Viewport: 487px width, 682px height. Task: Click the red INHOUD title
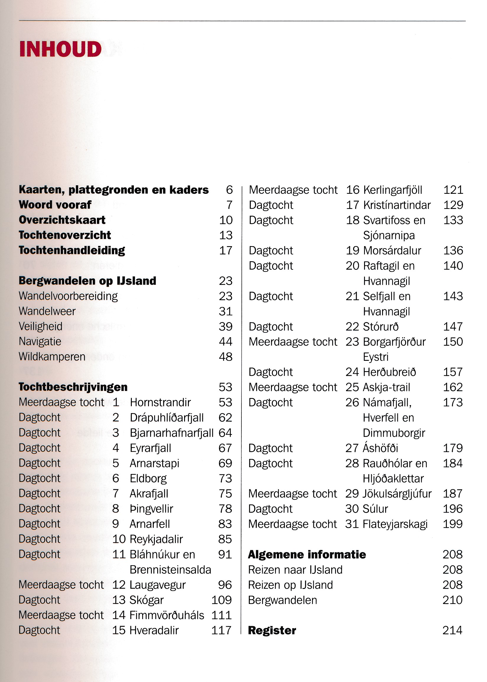click(x=60, y=49)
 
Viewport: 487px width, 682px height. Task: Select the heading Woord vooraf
click(x=55, y=205)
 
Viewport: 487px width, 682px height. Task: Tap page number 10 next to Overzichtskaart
click(x=225, y=220)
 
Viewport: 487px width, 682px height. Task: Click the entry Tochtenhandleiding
click(x=72, y=250)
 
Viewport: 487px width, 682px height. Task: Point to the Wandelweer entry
click(x=47, y=311)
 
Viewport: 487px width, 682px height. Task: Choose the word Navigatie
click(x=40, y=342)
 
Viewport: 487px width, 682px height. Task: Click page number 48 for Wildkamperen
click(x=225, y=357)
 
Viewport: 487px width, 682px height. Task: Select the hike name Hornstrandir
click(x=160, y=402)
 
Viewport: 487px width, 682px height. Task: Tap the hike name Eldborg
click(x=148, y=478)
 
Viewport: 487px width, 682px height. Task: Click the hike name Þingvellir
click(x=151, y=509)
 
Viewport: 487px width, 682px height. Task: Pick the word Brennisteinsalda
click(x=170, y=570)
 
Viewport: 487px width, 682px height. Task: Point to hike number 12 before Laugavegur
click(x=119, y=585)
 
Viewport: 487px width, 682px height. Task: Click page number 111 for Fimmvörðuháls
click(x=221, y=615)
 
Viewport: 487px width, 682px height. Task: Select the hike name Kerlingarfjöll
click(x=392, y=190)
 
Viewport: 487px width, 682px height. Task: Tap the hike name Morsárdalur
click(x=392, y=251)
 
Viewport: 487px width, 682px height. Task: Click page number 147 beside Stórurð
click(x=453, y=327)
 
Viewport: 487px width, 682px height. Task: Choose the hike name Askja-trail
click(x=386, y=387)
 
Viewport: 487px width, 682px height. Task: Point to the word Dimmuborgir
click(x=394, y=433)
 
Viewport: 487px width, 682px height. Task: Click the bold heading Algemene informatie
click(x=307, y=555)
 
